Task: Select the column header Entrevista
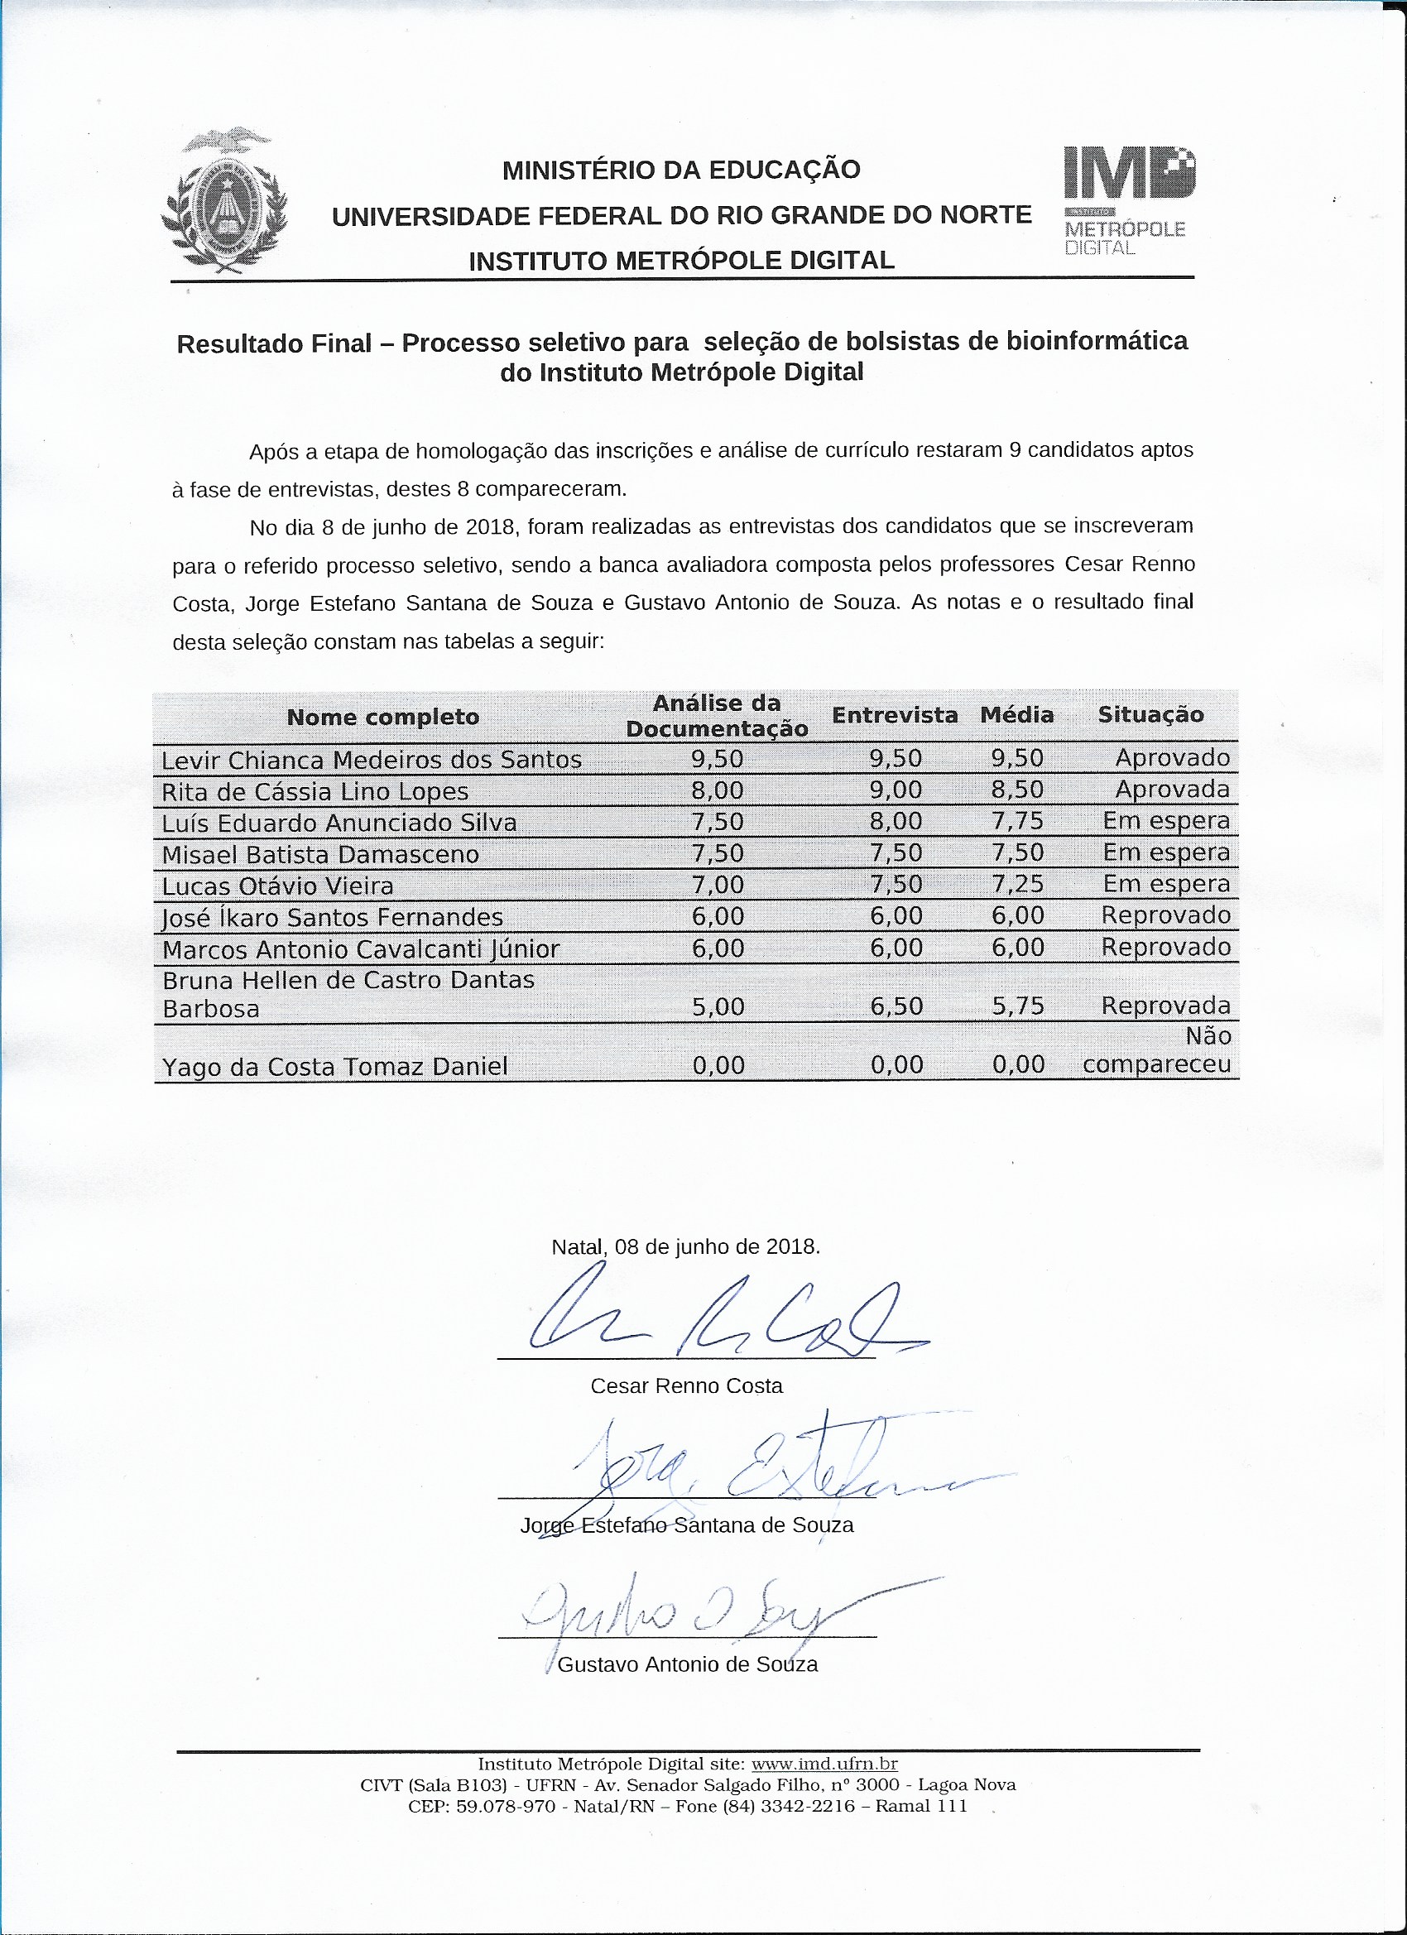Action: click(894, 716)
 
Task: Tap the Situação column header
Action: click(1150, 715)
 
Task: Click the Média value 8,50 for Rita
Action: click(1017, 790)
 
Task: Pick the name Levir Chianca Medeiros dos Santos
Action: click(372, 760)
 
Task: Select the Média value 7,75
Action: click(1017, 822)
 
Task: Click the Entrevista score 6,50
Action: click(896, 1006)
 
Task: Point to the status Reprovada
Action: click(1164, 1006)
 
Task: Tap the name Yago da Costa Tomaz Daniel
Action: click(334, 1067)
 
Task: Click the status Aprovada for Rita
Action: click(1171, 790)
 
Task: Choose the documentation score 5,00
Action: click(718, 1006)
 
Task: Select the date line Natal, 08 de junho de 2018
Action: click(686, 1246)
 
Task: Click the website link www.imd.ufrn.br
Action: click(824, 1765)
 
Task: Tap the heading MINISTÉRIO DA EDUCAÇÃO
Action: click(681, 170)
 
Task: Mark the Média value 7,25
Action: click(1017, 885)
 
